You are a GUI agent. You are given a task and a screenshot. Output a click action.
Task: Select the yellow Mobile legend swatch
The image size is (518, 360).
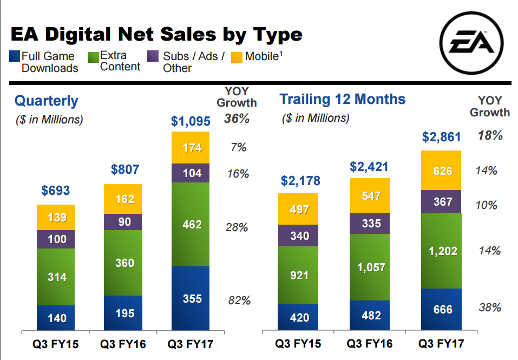[x=237, y=57]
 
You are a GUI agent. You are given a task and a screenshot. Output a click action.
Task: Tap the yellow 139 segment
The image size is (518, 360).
[x=56, y=218]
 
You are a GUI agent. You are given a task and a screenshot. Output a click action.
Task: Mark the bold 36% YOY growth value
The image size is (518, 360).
[x=237, y=119]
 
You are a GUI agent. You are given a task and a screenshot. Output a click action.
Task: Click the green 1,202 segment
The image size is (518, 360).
[x=441, y=251]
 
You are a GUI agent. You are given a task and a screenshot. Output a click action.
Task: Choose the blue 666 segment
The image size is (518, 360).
[x=441, y=310]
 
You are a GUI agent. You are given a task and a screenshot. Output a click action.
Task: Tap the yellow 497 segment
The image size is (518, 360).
[x=298, y=209]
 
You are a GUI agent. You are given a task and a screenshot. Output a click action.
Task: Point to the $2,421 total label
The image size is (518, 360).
[x=369, y=166]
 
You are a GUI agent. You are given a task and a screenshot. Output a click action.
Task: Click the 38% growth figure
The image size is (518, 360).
[x=490, y=308]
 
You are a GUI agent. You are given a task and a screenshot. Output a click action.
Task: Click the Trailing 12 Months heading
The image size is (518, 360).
[x=342, y=99]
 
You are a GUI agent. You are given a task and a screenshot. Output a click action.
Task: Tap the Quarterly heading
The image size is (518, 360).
[x=46, y=101]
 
